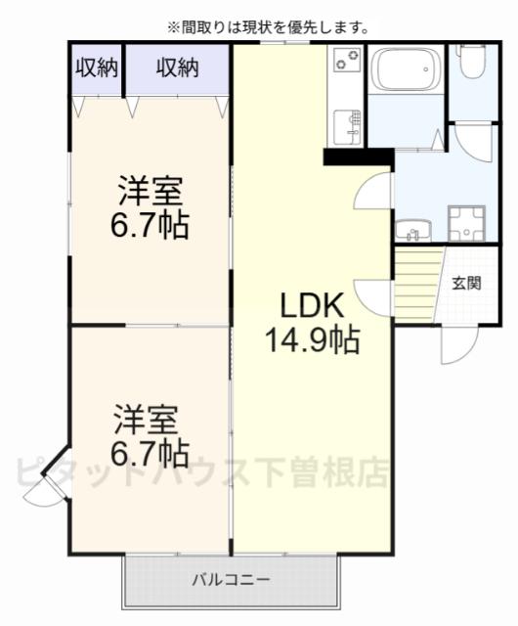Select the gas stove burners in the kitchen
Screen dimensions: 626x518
pos(347,62)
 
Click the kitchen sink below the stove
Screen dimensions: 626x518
pos(346,125)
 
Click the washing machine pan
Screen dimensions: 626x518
pos(466,223)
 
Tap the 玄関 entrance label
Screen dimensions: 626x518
pos(466,284)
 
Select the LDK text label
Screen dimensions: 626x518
pos(312,306)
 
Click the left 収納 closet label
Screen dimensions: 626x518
pos(98,67)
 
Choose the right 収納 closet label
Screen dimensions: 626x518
pos(178,67)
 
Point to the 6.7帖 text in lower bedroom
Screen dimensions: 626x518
pos(150,452)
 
